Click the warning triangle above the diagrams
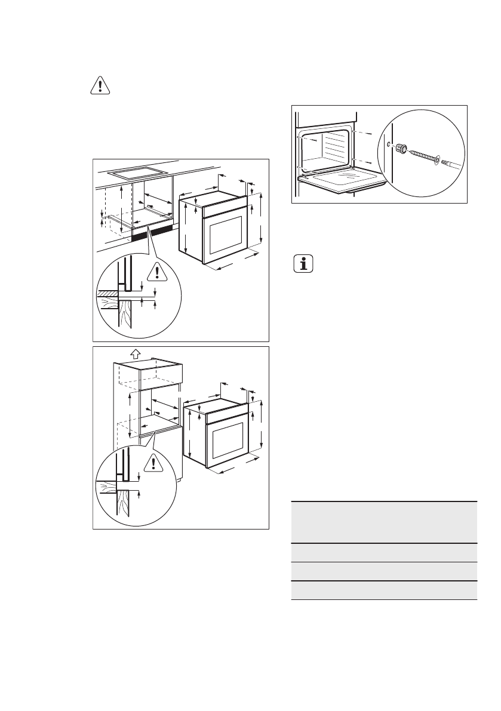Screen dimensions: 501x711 point(100,87)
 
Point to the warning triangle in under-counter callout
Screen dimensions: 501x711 point(157,272)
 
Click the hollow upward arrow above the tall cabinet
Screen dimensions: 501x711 point(135,353)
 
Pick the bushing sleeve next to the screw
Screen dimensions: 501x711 point(403,149)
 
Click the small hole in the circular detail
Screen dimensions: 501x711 point(389,144)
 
